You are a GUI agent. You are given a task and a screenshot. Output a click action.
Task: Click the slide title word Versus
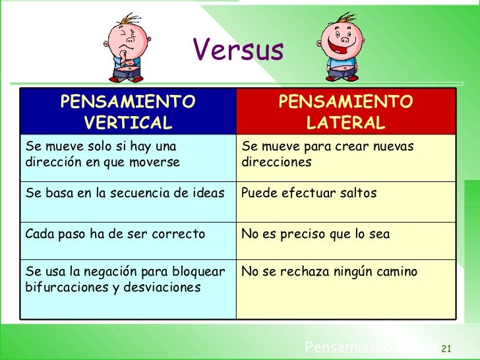pos(238,50)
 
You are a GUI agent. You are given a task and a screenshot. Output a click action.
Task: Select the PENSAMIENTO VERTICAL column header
pos(128,112)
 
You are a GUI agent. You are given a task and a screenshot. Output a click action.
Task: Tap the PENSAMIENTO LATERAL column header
pos(345,112)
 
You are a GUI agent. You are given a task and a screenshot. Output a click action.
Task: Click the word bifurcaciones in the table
pos(63,287)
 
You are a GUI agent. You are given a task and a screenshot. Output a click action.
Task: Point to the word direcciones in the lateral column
pos(276,162)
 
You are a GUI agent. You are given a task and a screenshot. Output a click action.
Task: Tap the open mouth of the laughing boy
pos(344,48)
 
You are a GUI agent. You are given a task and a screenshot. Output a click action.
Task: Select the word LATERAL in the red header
pos(345,123)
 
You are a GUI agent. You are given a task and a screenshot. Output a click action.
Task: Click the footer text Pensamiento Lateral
pos(369,347)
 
